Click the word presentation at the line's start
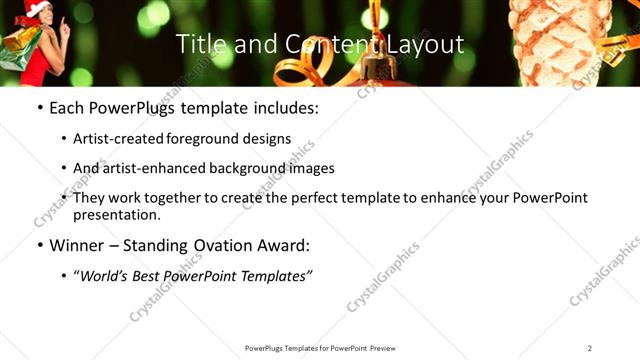click(116, 215)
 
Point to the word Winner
click(78, 246)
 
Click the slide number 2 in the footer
click(589, 348)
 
